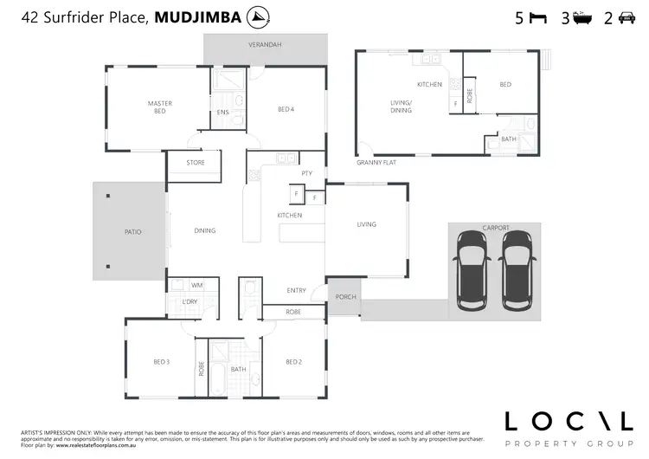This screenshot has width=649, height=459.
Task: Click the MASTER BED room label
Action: (x=159, y=107)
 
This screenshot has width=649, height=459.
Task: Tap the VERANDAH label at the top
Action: (x=265, y=44)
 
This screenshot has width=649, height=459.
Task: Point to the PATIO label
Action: (x=132, y=232)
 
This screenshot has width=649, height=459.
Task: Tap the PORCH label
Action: (x=346, y=297)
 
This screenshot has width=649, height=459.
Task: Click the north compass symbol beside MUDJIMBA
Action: (x=257, y=16)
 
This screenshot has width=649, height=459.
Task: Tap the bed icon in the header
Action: (x=537, y=17)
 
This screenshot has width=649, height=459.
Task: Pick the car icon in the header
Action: (x=627, y=17)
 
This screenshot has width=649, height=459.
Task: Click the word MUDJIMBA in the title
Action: (x=198, y=16)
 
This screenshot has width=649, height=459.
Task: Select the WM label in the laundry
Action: (x=196, y=285)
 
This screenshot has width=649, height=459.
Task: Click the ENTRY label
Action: (x=297, y=291)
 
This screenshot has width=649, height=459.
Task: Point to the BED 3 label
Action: (x=161, y=361)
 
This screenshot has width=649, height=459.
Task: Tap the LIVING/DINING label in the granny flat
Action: (x=400, y=107)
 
